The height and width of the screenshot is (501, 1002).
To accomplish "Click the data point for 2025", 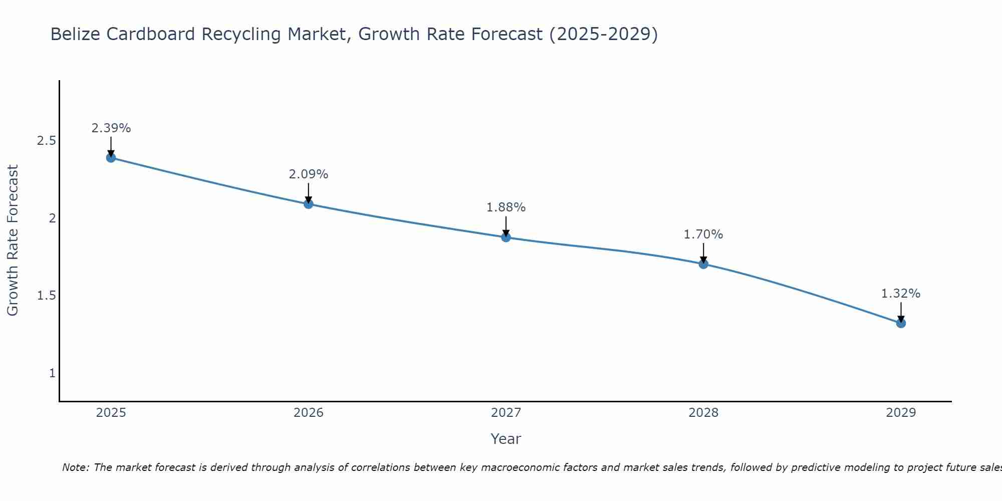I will pyautogui.click(x=111, y=158).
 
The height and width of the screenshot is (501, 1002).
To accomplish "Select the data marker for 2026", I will pyautogui.click(x=309, y=204).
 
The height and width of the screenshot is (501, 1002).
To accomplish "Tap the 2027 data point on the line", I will pyautogui.click(x=506, y=237).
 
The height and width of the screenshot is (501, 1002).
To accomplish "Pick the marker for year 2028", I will pyautogui.click(x=703, y=264).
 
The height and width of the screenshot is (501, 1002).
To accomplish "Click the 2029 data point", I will pyautogui.click(x=901, y=323).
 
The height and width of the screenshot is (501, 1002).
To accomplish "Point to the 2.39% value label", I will pyautogui.click(x=111, y=128).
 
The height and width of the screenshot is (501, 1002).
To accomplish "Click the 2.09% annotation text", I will pyautogui.click(x=309, y=174).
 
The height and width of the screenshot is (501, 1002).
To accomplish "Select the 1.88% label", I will pyautogui.click(x=506, y=207).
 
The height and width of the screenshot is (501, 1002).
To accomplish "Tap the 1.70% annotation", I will pyautogui.click(x=703, y=234).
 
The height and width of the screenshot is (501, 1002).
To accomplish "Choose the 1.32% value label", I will pyautogui.click(x=901, y=294).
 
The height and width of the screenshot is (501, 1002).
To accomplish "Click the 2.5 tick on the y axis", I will pyautogui.click(x=46, y=141).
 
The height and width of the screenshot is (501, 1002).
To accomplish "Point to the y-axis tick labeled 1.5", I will pyautogui.click(x=46, y=296).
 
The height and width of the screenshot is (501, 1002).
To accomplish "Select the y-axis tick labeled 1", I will pyautogui.click(x=52, y=373).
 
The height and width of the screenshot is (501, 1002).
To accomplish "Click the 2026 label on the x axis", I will pyautogui.click(x=309, y=413).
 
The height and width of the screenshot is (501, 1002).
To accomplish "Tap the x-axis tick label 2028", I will pyautogui.click(x=703, y=413).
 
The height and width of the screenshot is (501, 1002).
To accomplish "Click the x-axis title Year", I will pyautogui.click(x=506, y=439).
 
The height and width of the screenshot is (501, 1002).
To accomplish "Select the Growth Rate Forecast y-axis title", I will pyautogui.click(x=13, y=240).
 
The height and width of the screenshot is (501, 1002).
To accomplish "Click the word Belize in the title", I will pyautogui.click(x=76, y=34).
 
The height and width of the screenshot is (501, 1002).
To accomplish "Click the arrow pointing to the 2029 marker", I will pyautogui.click(x=901, y=312).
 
